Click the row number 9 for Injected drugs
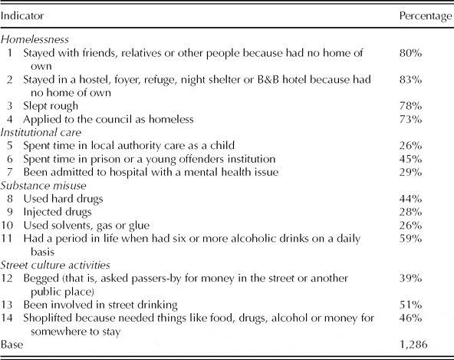(x=11, y=211)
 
